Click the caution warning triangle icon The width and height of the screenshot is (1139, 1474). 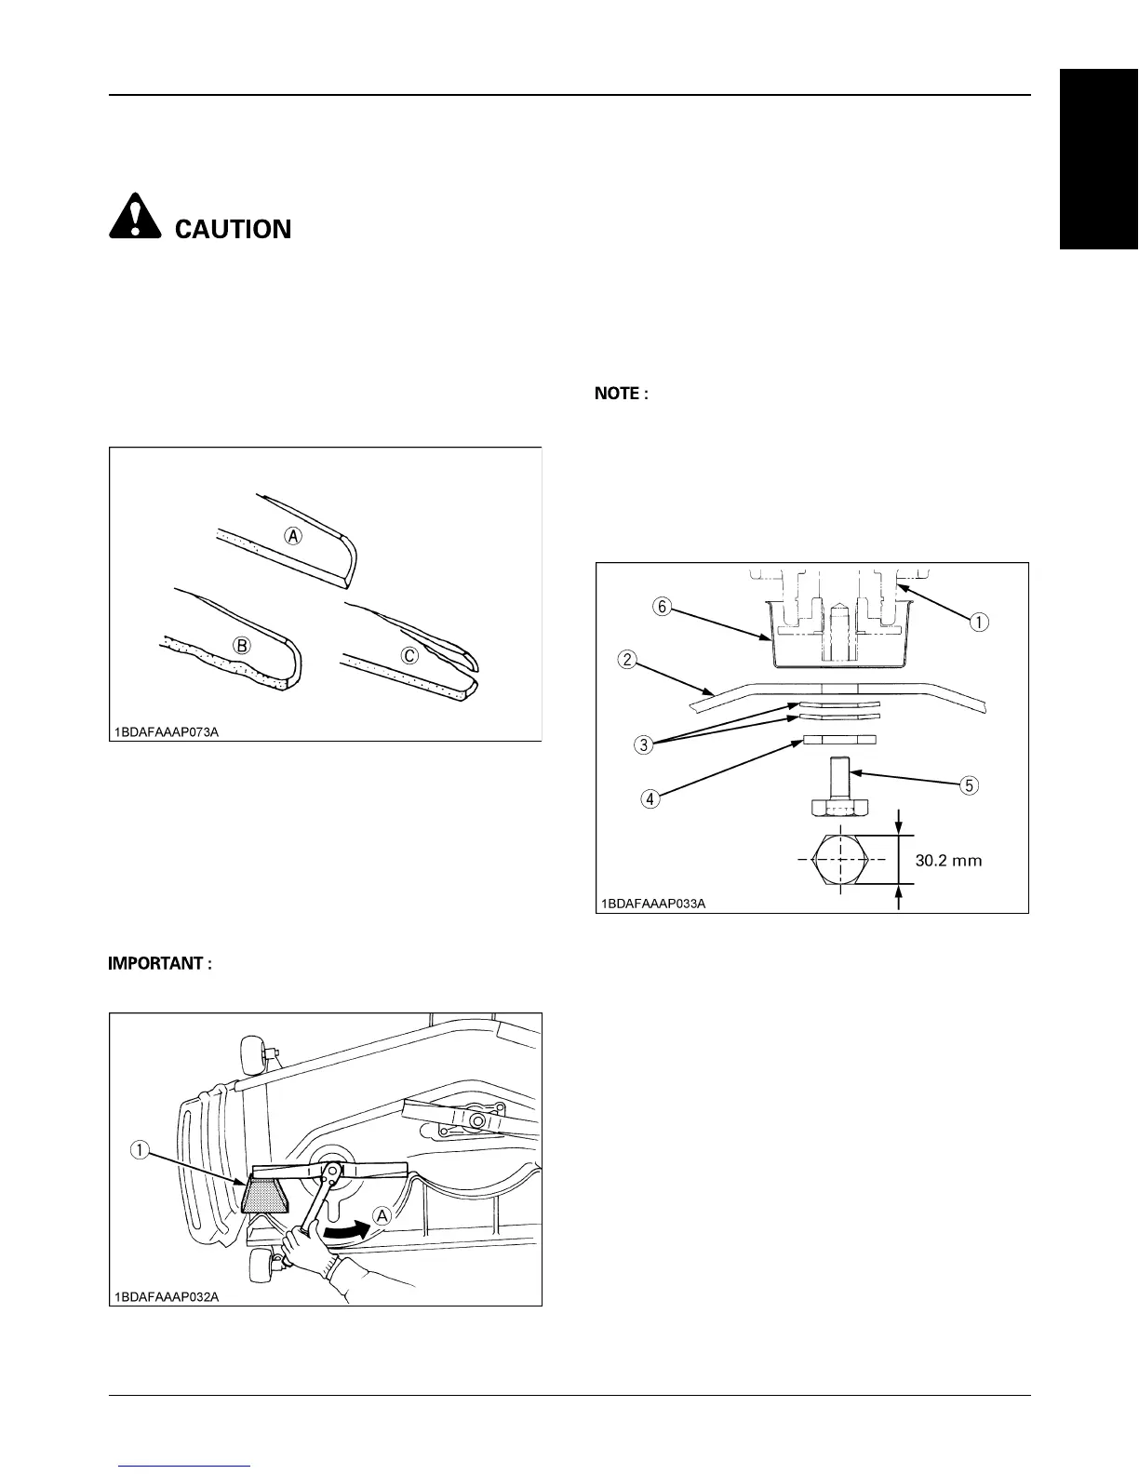point(138,217)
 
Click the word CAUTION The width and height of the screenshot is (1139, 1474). point(233,229)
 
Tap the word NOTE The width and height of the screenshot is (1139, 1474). point(617,394)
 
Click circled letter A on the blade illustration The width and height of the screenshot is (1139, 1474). point(293,536)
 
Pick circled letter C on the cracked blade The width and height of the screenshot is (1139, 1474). point(409,655)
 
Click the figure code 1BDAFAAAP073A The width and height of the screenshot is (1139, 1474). point(167,731)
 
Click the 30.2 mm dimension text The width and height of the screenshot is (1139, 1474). point(948,861)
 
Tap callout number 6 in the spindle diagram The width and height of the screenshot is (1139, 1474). point(662,607)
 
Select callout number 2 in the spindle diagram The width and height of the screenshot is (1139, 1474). point(626,661)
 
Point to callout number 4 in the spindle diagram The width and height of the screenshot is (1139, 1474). point(651,798)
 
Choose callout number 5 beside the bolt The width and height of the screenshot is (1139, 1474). point(969,785)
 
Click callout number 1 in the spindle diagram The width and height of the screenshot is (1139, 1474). point(980,623)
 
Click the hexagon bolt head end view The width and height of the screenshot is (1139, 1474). point(841,861)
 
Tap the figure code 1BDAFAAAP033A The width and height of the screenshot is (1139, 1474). point(653,904)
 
